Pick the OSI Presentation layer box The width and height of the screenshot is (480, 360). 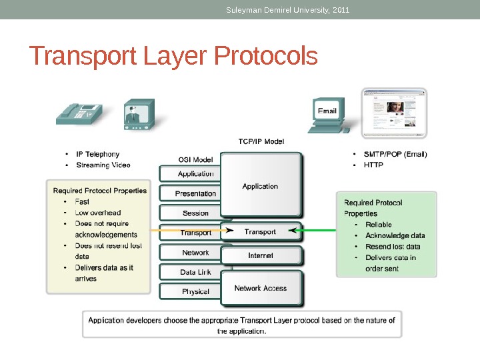(195, 193)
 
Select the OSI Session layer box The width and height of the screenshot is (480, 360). (195, 213)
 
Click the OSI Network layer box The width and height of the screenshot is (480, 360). (195, 253)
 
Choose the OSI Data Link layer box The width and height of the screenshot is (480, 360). (195, 272)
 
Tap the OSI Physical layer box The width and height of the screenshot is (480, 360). (195, 291)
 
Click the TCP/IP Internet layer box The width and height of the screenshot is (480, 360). (261, 255)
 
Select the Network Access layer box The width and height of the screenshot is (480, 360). (261, 288)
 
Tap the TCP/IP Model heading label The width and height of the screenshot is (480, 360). (261, 141)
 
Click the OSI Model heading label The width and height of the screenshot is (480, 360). (195, 159)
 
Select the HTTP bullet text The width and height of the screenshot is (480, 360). (374, 165)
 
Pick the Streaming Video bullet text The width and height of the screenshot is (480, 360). (103, 165)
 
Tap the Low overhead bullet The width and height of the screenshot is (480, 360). (98, 213)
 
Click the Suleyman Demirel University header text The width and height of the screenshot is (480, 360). (288, 9)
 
